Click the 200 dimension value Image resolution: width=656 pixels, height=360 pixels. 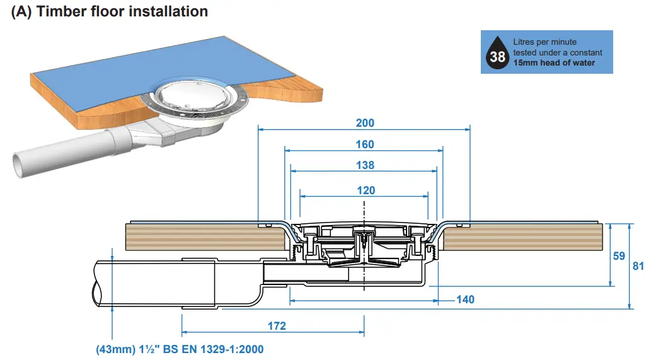coord(365,123)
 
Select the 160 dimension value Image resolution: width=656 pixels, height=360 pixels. coord(365,144)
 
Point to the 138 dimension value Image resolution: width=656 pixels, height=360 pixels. coord(365,165)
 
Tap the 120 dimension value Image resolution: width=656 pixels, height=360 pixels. coord(365,190)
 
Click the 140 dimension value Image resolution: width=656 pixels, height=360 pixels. coord(465,299)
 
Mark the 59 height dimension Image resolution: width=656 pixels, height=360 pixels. coord(619,257)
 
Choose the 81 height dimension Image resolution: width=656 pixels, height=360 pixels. coord(638,266)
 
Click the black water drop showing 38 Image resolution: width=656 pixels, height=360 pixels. coord(497,57)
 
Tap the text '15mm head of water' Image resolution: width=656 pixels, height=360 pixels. coord(554,62)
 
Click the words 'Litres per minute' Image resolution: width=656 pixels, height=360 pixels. coord(544,42)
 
